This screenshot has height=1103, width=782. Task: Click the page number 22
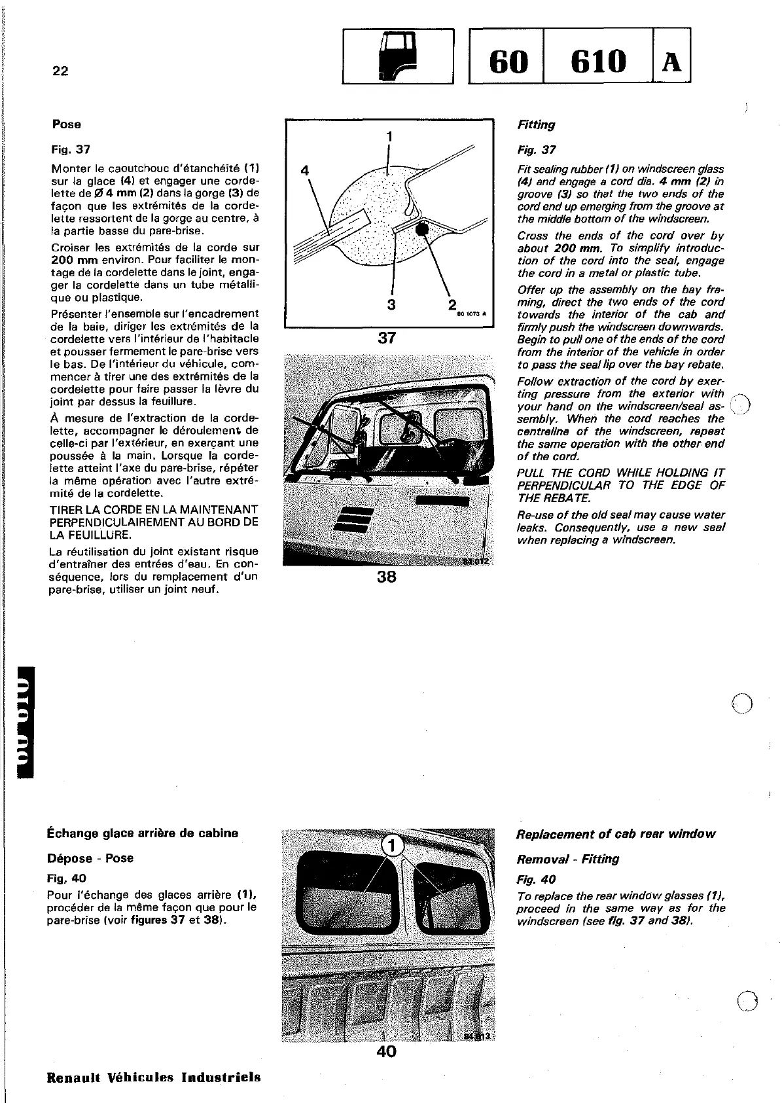pos(60,71)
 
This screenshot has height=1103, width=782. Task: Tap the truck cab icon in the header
pos(395,56)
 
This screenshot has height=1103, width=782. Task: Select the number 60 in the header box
pos(508,62)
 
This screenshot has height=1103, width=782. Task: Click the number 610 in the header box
pos(599,62)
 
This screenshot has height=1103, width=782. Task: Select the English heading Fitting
pos(536,124)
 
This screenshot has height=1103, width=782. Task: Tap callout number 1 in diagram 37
pos(389,137)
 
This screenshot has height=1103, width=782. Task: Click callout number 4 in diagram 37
pos(304,170)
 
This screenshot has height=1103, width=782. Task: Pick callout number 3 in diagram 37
pos(391,304)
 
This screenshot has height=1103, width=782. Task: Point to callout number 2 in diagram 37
pos(452,305)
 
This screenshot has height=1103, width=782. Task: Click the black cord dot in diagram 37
pos(422,229)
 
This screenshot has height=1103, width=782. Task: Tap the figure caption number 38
pos(387,577)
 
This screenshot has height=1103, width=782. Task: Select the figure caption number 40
pos(387,1051)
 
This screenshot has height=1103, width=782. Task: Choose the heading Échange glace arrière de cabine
pos(143,833)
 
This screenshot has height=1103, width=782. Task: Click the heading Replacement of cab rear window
pos(615,834)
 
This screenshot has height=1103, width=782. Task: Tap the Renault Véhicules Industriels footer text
pos(154,1077)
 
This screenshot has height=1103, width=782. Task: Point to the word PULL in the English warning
pos(532,473)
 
